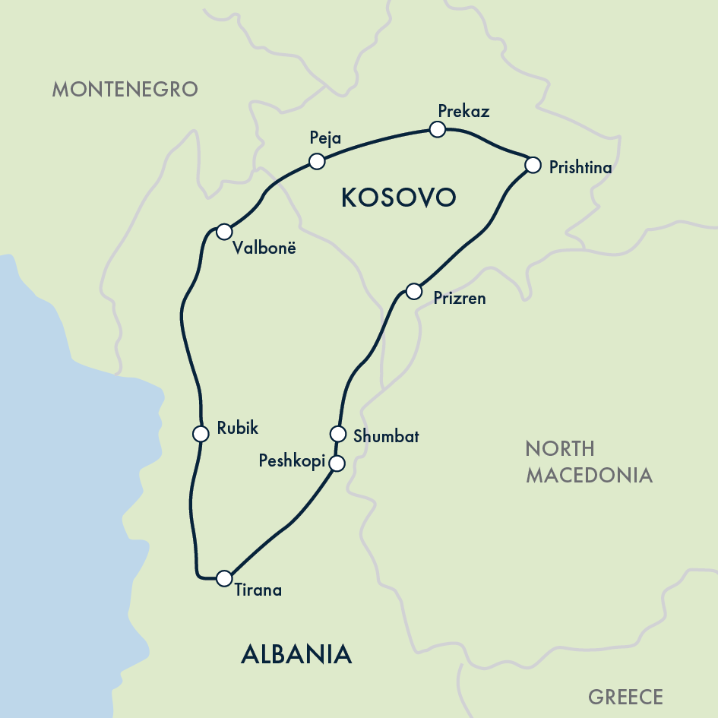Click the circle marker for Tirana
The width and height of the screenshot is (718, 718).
[223, 578]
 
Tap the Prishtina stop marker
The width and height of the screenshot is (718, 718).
[533, 164]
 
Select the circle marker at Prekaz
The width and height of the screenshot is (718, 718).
[437, 129]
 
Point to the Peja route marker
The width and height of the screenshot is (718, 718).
[317, 161]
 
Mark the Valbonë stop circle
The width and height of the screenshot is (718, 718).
[223, 231]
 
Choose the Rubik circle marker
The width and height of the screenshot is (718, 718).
[201, 434]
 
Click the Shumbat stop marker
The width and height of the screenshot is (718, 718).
[338, 434]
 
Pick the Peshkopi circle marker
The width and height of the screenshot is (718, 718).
[337, 463]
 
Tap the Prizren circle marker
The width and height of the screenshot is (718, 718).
[413, 291]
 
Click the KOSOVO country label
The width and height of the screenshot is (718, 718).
[398, 198]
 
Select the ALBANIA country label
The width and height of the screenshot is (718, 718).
[296, 653]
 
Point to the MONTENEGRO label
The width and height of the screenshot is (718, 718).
[125, 89]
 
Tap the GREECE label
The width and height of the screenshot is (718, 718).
[625, 697]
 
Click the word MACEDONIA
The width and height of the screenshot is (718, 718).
[589, 475]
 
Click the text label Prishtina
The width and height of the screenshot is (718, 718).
[580, 168]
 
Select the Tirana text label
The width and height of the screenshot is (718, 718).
[258, 590]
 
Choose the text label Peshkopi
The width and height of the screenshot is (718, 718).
[292, 461]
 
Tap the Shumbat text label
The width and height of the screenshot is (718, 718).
[386, 437]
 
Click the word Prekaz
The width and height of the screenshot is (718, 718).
[463, 111]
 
